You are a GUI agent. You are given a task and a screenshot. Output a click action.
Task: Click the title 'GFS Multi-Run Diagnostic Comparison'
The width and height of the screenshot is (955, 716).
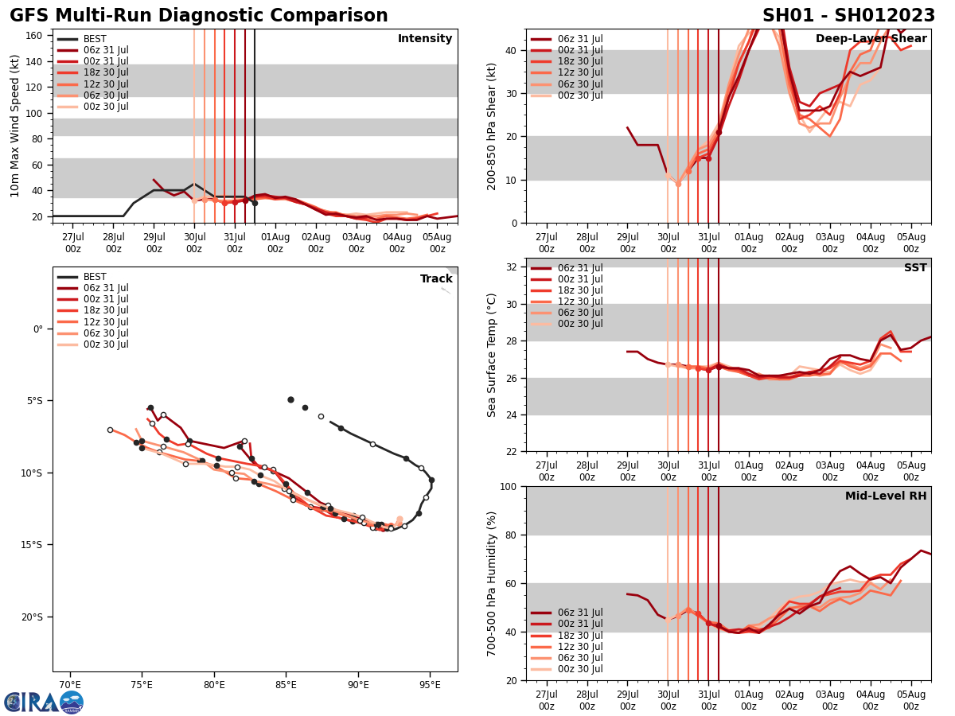[x=199, y=16]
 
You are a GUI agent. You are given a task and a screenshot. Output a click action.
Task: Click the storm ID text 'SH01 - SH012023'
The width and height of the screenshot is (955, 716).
[x=848, y=16]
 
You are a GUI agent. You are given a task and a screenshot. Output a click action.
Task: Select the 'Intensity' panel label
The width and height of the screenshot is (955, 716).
[x=425, y=39]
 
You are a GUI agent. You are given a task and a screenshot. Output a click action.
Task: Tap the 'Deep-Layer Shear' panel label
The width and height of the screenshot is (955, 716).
[x=871, y=39]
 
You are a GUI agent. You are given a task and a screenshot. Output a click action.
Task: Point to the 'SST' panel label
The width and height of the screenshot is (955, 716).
[x=915, y=268]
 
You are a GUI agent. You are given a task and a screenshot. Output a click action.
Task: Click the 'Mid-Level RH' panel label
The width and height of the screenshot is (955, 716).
[x=886, y=496]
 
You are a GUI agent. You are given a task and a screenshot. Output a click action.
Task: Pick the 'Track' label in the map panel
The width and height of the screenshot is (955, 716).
[x=436, y=279]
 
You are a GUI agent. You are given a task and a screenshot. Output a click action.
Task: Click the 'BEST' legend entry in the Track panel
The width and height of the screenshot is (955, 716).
[x=95, y=277]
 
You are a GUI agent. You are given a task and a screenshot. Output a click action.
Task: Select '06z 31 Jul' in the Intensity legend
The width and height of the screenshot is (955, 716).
[x=106, y=50]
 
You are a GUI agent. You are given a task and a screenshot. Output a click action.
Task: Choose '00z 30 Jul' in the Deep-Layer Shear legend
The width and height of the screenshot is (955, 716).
[x=579, y=95]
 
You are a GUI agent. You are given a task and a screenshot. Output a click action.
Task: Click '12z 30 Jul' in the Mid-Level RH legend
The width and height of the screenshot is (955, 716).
[x=579, y=647]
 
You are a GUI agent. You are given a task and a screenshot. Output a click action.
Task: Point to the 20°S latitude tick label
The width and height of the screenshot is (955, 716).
[x=33, y=617]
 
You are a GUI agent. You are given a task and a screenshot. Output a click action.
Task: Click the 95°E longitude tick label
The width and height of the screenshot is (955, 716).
[x=431, y=686]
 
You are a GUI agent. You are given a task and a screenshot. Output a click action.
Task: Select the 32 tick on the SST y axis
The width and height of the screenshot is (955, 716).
[x=513, y=267]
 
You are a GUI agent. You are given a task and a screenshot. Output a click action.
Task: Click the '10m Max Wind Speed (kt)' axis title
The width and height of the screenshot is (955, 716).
[x=15, y=126]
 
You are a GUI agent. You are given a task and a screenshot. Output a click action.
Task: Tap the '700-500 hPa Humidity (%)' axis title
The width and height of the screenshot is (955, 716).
[x=492, y=583]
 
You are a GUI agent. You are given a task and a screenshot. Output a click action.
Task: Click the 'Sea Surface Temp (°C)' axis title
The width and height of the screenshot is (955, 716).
[x=492, y=355]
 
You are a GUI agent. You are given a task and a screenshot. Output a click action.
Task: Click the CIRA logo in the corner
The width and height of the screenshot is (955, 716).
[x=44, y=702]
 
